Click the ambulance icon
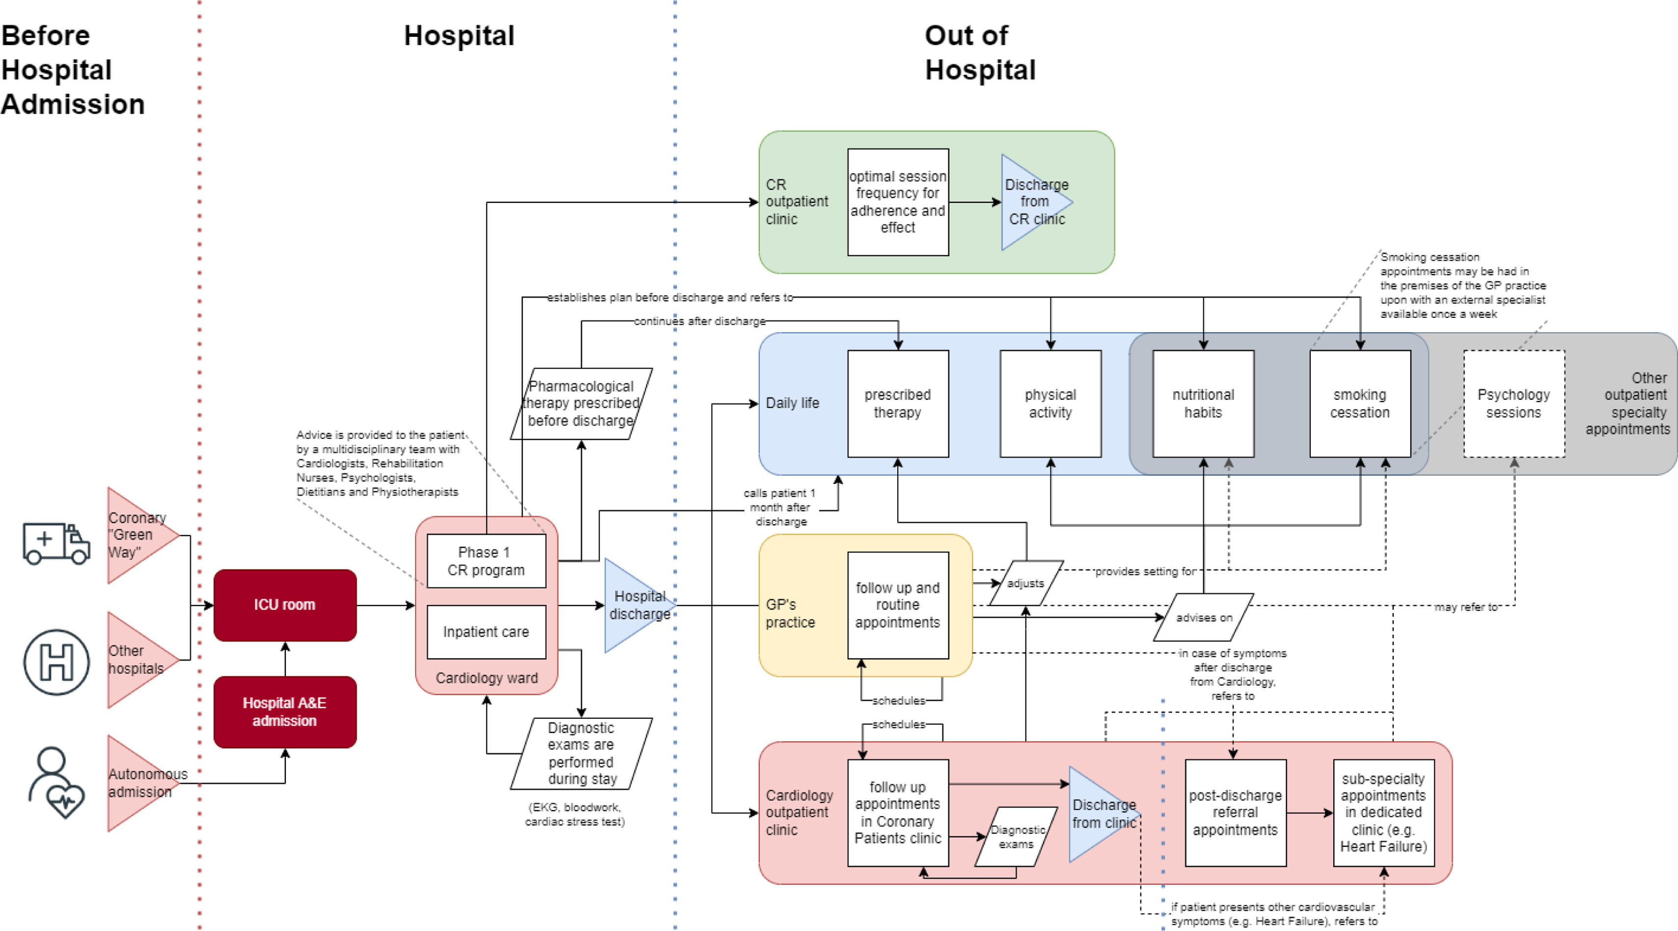tap(56, 543)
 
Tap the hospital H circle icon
tap(56, 661)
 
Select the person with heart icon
tap(56, 783)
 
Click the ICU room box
tap(285, 605)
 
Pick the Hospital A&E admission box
tap(285, 711)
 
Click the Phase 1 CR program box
tap(486, 561)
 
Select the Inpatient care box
tap(486, 632)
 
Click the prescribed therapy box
tap(898, 404)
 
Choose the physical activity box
tap(1050, 404)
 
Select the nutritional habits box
tap(1203, 404)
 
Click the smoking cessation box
tap(1359, 404)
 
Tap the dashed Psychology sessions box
tap(1513, 404)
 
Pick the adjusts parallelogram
tap(1025, 583)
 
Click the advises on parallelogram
tap(1203, 617)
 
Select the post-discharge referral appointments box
tap(1235, 813)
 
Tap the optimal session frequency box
tap(898, 202)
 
